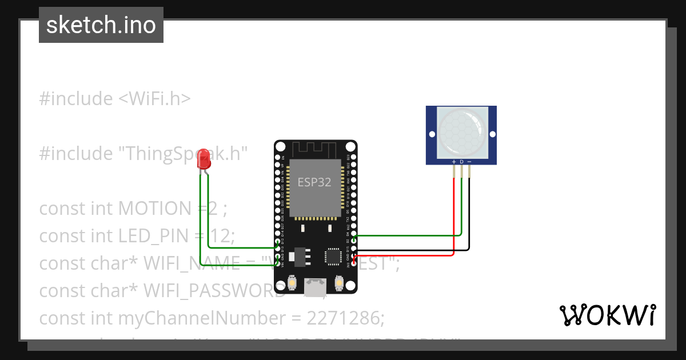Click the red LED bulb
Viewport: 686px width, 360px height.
(204, 161)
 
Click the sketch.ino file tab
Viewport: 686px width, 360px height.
(101, 25)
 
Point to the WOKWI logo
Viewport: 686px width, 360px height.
(607, 315)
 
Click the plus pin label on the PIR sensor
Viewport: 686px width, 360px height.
(454, 162)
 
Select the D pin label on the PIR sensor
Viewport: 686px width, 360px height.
(461, 162)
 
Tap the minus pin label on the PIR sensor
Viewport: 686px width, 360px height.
(469, 162)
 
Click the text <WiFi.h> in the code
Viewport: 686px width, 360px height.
(154, 99)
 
